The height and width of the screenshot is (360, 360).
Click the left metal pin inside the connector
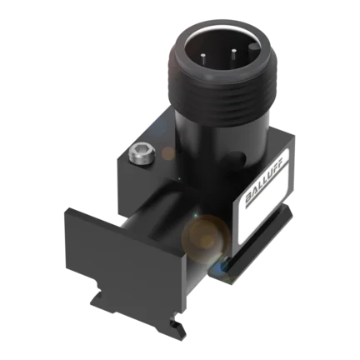203,58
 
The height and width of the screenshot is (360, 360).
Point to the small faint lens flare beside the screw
168,153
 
